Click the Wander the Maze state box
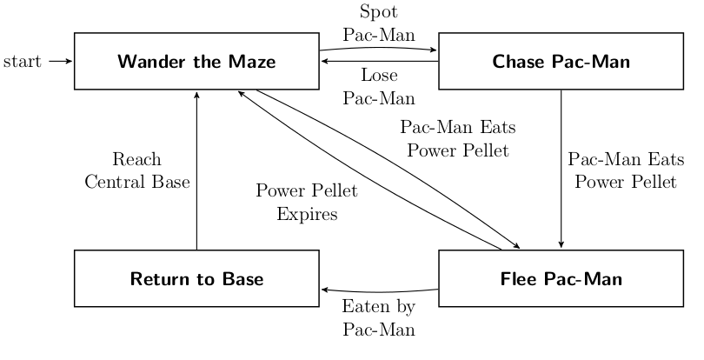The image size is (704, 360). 196,61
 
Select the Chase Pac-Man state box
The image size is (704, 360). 561,61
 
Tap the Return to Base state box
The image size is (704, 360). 196,278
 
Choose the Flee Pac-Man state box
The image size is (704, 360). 561,278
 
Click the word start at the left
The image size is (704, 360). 23,62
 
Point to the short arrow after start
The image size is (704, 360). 60,62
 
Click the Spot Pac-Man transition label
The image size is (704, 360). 379,24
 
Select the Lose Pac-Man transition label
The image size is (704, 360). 379,86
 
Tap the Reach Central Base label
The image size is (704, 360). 137,171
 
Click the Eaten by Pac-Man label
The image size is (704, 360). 379,318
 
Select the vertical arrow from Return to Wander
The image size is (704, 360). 197,170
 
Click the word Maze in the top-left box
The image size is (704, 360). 253,62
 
